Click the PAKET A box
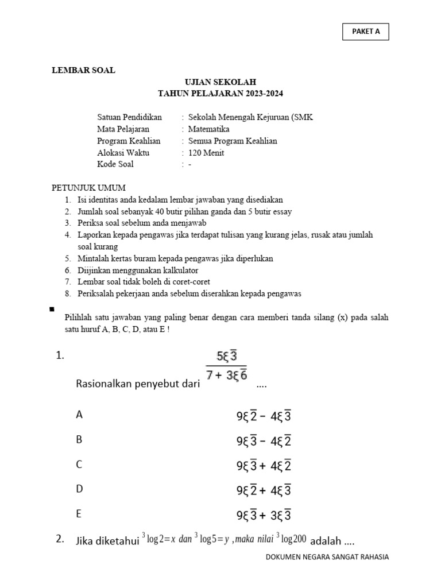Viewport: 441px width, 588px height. point(366,32)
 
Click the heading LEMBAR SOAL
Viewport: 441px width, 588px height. point(84,70)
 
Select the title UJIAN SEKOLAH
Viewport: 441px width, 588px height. point(220,83)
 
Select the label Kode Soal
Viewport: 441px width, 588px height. point(115,164)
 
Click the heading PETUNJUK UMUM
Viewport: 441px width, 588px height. point(89,188)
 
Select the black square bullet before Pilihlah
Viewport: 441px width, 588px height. point(52,310)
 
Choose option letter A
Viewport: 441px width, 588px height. point(79,415)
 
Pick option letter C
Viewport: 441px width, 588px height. point(79,465)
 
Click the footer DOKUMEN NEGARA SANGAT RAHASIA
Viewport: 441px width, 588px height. point(327,557)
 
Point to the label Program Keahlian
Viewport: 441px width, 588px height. point(129,141)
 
